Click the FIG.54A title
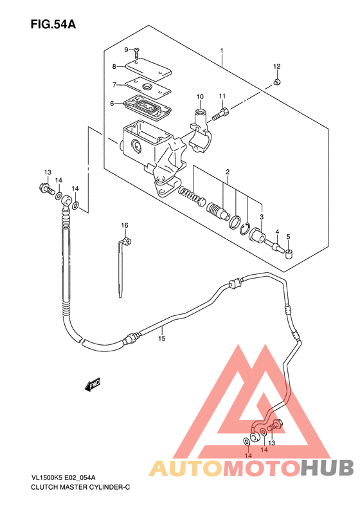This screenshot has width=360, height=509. pos(53,24)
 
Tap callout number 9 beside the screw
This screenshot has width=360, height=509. pos(127,50)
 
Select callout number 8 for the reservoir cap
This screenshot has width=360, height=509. pos(114,66)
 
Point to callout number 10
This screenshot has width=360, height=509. pos(200,97)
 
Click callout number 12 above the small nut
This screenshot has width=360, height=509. pos(276,66)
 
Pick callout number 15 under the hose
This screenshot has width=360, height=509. pos(162,338)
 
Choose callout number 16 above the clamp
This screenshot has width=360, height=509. pos(125,225)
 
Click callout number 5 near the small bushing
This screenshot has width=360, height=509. pos(289,236)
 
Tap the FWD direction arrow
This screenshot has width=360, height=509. pos(93,384)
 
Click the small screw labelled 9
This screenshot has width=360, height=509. pos(136,52)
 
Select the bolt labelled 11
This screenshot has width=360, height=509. pos(221,115)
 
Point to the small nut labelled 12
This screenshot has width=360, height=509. pos(276,82)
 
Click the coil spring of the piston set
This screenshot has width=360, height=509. pos(192,197)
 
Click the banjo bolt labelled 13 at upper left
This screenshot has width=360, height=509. pos(46,189)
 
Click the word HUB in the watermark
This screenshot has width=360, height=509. pos(327,468)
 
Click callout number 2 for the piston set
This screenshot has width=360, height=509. pos(228,172)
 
